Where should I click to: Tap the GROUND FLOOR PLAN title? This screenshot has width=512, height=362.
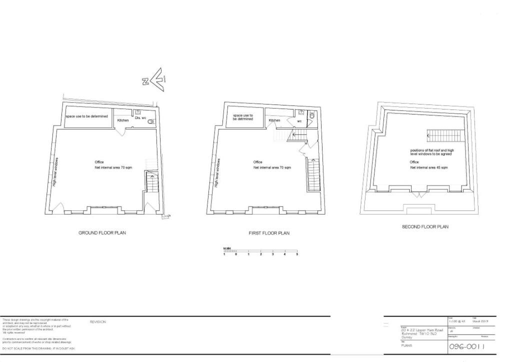(102, 233)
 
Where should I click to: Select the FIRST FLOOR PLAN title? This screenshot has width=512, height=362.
(269, 233)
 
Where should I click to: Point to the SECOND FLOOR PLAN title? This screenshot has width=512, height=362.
(425, 227)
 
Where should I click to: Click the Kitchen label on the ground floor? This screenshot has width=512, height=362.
(123, 120)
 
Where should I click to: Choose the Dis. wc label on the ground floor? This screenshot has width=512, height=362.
(140, 118)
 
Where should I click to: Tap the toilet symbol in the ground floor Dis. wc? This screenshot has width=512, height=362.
(151, 121)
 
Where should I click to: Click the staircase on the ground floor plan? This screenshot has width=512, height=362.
(150, 182)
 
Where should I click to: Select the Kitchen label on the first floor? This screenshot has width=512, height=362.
(274, 120)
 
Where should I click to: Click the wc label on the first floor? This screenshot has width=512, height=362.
(299, 120)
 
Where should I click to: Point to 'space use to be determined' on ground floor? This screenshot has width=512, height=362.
(87, 116)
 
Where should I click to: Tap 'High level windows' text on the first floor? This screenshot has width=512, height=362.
(216, 172)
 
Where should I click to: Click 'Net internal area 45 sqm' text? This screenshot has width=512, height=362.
(429, 167)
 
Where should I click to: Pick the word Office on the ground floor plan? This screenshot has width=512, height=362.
(99, 162)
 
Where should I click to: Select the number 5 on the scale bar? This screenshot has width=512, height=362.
(297, 254)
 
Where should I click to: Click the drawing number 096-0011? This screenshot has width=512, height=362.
(466, 346)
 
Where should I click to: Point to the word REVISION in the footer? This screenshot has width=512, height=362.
(97, 322)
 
